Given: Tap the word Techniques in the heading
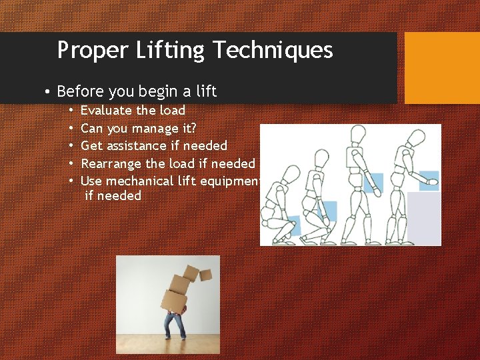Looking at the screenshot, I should point(275,51).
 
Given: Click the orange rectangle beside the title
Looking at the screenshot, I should point(442,68).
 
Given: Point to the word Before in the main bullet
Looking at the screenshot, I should point(80,91).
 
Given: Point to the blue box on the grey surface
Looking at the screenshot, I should point(428,179).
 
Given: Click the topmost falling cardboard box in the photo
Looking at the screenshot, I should point(205,273).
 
